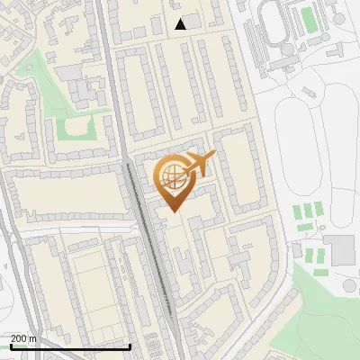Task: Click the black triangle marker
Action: point(181,24)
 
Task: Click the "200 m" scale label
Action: point(23,338)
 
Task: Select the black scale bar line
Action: point(70,346)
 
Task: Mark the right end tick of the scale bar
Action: point(130,345)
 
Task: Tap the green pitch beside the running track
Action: point(309,18)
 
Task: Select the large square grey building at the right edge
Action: point(339,250)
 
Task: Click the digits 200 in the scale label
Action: point(18,338)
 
